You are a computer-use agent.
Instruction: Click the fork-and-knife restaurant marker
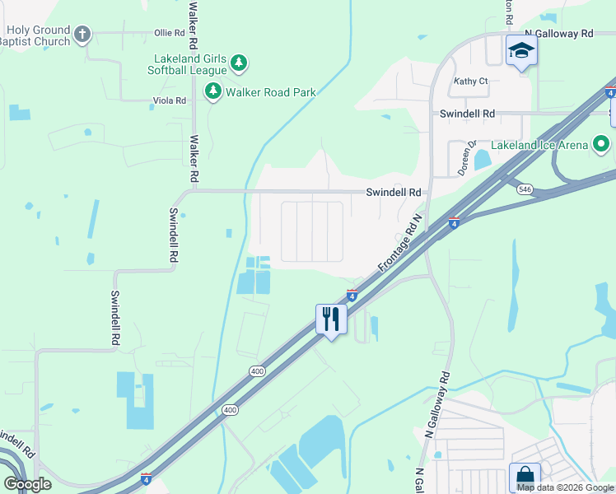pyautogui.click(x=331, y=319)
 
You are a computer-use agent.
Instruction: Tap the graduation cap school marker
pyautogui.click(x=520, y=51)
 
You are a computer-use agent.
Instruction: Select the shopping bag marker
pyautogui.click(x=525, y=476)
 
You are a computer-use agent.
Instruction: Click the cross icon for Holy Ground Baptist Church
pyautogui.click(x=82, y=34)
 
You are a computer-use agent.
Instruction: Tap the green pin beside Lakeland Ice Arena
pyautogui.click(x=601, y=145)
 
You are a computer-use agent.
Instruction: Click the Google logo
pyautogui.click(x=27, y=484)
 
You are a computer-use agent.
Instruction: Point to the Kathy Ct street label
pyautogui.click(x=471, y=82)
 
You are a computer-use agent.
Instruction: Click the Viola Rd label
pyautogui.click(x=170, y=100)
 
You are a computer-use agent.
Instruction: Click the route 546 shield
pyautogui.click(x=524, y=189)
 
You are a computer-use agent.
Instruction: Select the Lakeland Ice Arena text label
pyautogui.click(x=539, y=146)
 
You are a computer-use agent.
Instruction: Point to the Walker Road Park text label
pyautogui.click(x=271, y=92)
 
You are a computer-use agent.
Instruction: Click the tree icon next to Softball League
pyautogui.click(x=239, y=63)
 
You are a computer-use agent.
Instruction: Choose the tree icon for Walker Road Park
pyautogui.click(x=213, y=91)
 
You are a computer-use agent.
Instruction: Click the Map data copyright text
pyautogui.click(x=565, y=487)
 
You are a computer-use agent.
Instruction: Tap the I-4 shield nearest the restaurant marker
pyautogui.click(x=352, y=295)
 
